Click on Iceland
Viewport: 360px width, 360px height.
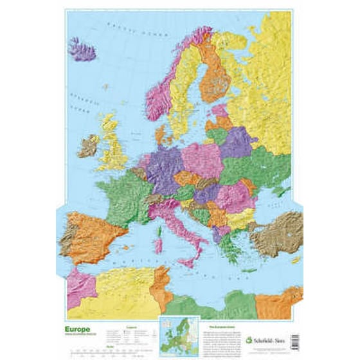click(82, 50)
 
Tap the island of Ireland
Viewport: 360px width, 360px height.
click(88, 146)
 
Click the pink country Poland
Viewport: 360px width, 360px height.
click(203, 159)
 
